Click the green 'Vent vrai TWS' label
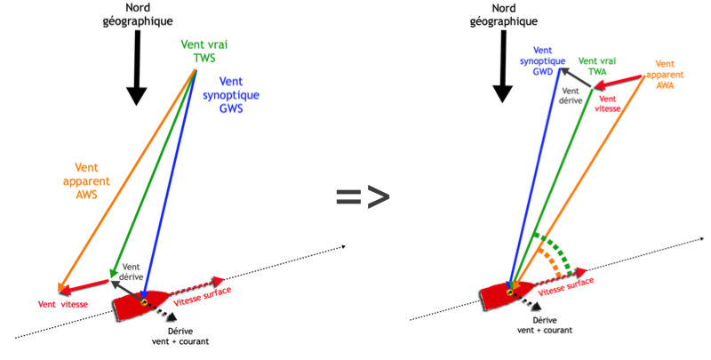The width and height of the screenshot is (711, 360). pos(204,52)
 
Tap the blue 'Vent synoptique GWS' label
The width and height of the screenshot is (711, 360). pos(231,95)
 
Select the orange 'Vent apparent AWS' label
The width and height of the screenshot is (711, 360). pos(86,181)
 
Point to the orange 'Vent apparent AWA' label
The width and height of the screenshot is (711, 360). pos(665,75)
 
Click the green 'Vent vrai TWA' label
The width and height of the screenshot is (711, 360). pos(597,66)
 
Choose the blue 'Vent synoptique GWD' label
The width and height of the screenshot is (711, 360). pos(542,60)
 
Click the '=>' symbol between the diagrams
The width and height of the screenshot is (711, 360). pos(363,196)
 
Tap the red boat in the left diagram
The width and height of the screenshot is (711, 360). pos(141,305)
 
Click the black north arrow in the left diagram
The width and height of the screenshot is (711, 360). pos(137,68)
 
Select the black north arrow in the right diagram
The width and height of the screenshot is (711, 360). pos(502,67)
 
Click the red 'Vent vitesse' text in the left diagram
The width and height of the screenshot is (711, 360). pos(62,304)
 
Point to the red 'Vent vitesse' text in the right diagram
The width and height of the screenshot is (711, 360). pos(608,103)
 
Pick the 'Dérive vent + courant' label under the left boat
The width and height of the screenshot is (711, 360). pos(180,336)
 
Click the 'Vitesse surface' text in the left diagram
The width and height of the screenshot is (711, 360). pos(203,297)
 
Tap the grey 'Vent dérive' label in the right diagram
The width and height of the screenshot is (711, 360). pos(571,96)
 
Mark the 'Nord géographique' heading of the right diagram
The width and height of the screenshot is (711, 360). pos(503,14)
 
